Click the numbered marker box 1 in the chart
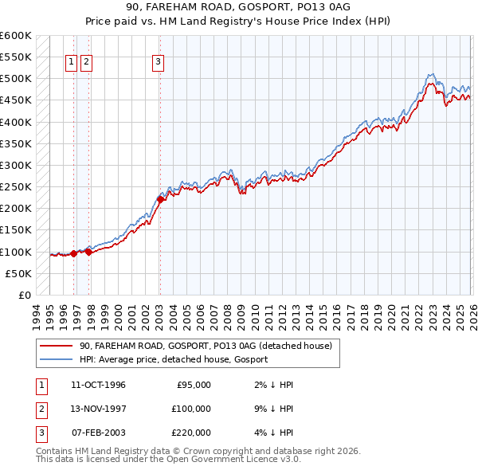(71, 63)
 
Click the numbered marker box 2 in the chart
(86, 63)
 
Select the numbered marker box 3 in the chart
(158, 63)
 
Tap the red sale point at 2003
(160, 200)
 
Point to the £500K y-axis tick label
(16, 79)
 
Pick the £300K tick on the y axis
(16, 166)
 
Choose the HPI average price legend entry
(173, 359)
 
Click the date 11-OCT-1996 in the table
(98, 385)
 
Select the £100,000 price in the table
(190, 409)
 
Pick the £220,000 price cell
(190, 433)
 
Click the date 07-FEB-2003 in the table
(98, 433)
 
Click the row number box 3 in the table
(41, 433)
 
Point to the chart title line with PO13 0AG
(238, 6)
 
